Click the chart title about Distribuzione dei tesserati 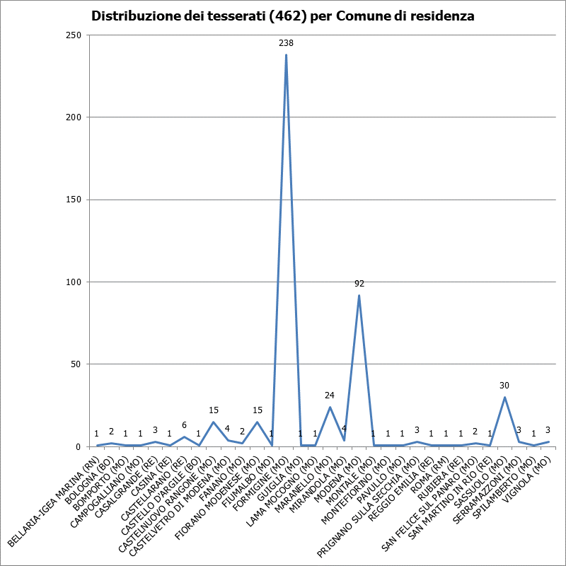click(282, 16)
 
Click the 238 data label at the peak click(286, 43)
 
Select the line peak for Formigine click(286, 55)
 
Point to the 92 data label click(359, 284)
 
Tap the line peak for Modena click(359, 295)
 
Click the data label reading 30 click(504, 386)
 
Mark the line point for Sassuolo click(504, 397)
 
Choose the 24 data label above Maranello click(330, 395)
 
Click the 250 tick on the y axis click(74, 35)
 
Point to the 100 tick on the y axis click(74, 282)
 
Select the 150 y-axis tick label click(74, 200)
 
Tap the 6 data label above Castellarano click(184, 425)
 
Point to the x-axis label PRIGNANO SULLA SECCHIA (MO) click(368, 506)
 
